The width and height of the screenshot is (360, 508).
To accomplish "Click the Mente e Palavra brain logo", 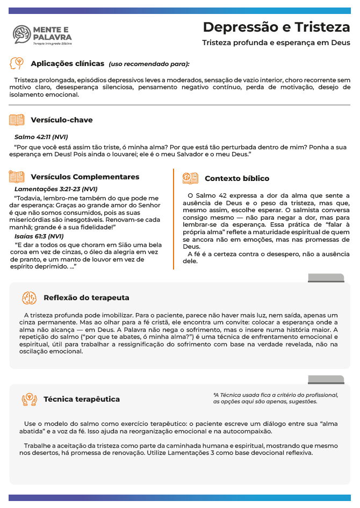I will pos(22,34).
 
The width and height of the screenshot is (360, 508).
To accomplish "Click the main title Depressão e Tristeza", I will pos(276,27).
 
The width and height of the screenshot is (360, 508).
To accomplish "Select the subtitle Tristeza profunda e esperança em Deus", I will pos(276,42).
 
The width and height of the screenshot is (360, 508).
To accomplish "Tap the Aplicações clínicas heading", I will pos(68,63).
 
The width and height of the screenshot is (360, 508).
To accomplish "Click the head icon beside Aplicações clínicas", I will pos(17,63).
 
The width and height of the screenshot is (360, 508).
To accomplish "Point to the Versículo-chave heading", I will pos(62,120).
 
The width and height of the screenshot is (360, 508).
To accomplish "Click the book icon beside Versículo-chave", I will pos(17,120).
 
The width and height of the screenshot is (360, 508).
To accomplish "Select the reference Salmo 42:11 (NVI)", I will pos(41,137).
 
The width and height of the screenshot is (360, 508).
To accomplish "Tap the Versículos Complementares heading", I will pos(85,177).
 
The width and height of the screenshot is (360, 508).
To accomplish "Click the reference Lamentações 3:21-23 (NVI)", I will pos(56,189).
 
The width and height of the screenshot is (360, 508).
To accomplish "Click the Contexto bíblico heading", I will pos(237,178).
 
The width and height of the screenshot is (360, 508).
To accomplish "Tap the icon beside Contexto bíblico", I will pos(190,178).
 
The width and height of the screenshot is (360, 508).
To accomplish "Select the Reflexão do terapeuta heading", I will pos(86,297).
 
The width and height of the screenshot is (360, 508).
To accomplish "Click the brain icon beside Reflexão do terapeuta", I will pos(29,297).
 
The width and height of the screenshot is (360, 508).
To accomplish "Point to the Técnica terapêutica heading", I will pos(82,399).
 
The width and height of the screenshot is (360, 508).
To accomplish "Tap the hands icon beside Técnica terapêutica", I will pos(29,399).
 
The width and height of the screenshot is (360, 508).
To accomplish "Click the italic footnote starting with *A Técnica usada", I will pos(276,398).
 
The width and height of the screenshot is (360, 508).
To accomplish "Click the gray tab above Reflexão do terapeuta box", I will pos(326,278).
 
